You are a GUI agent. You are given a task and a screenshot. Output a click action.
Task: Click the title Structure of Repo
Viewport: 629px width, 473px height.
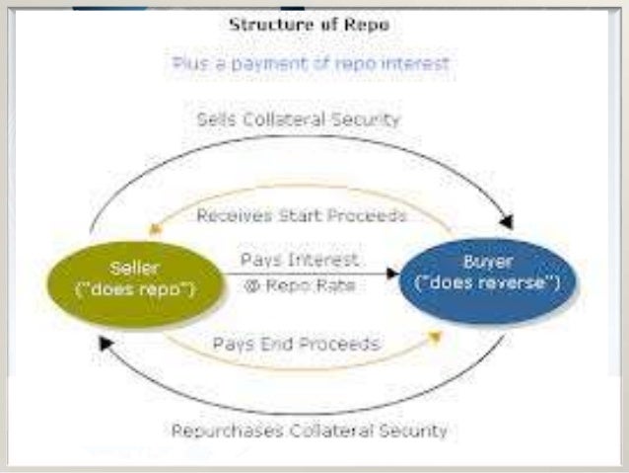309,25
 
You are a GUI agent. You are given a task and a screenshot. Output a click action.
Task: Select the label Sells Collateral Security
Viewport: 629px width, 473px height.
299,119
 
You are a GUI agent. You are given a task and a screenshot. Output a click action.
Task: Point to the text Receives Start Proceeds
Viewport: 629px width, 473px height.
302,214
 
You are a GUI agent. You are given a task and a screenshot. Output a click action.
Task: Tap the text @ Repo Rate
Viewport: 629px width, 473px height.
300,286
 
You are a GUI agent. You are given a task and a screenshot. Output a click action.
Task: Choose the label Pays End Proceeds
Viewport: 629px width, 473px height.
296,344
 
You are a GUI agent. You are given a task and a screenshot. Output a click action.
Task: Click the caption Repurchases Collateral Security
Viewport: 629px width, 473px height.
309,431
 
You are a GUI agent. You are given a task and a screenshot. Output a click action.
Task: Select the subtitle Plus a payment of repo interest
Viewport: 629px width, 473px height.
311,63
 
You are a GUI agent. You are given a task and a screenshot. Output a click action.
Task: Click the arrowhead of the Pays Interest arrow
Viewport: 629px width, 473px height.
395,272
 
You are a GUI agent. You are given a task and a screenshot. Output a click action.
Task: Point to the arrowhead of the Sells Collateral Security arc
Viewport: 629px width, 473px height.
508,220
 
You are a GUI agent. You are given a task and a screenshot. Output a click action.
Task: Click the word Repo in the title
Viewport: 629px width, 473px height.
369,25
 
